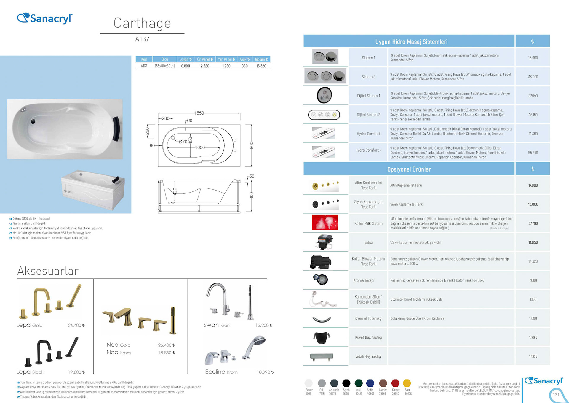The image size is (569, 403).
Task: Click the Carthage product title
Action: point(142,23)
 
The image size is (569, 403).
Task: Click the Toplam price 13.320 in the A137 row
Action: point(261,66)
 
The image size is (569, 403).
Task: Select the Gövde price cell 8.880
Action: point(186,66)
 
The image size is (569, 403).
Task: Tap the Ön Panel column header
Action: point(205,59)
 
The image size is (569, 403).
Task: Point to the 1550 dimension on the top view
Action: point(199,113)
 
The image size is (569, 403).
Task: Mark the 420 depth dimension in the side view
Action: point(175,191)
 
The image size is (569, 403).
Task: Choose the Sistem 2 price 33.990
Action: point(533,77)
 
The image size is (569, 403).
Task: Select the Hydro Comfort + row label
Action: point(368,150)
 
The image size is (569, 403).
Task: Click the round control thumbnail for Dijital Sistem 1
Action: point(324,95)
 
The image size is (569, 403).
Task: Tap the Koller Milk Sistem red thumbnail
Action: point(325,223)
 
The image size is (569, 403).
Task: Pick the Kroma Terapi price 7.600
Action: point(533,280)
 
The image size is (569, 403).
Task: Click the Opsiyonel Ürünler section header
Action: point(409,169)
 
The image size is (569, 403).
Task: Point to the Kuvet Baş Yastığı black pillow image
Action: point(322,337)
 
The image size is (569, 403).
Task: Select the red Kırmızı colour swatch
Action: point(395,383)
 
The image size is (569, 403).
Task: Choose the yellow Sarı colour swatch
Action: point(407,383)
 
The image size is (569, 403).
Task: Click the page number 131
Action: point(556,395)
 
